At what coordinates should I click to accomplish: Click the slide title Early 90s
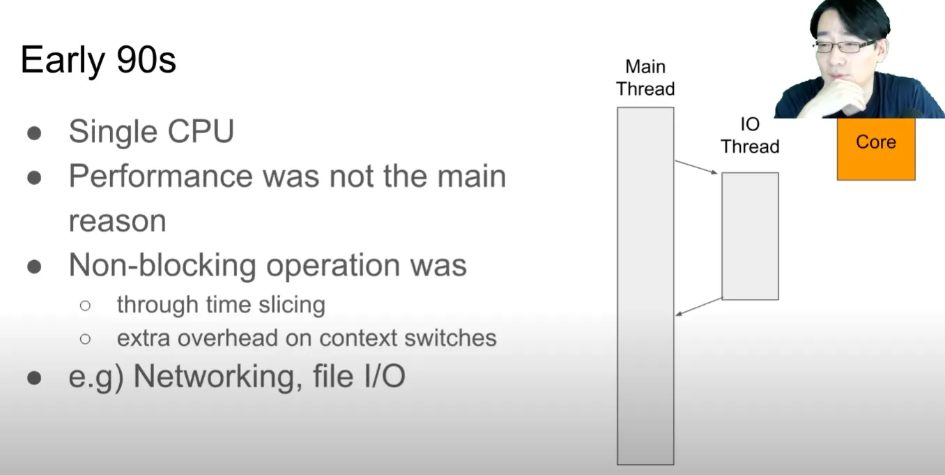[98, 61]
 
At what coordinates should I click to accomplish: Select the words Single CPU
[151, 131]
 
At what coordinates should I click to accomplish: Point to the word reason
[117, 221]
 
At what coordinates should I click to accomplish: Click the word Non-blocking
[162, 265]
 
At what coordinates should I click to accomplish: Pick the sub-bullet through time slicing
[221, 305]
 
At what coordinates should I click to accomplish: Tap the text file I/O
[359, 376]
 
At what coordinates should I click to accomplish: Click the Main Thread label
[645, 77]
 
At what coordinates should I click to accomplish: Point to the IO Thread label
[750, 135]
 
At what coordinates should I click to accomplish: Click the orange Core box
[876, 149]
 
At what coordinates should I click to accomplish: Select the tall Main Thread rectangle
[645, 286]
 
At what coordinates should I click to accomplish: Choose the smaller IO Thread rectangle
[750, 236]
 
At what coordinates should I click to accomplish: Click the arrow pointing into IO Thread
[696, 167]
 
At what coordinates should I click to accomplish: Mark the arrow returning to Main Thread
[699, 306]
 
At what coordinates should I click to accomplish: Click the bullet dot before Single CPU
[34, 133]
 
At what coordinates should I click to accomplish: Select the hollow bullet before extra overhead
[85, 338]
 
